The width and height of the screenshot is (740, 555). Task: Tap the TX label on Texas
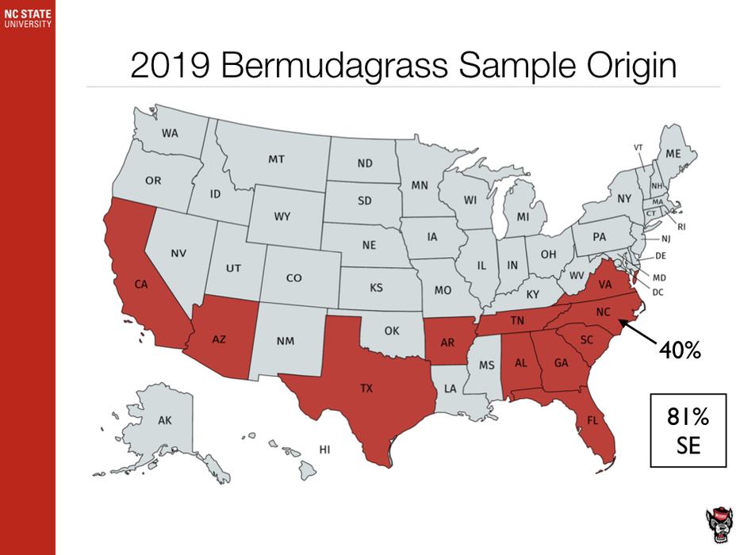point(366,388)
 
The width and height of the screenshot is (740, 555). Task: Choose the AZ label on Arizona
point(220,339)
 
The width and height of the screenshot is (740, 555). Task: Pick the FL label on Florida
point(592,421)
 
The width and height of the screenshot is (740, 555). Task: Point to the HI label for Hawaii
point(324,450)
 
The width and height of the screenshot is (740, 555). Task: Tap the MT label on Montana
point(276,159)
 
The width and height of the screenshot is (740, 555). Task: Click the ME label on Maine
point(673,153)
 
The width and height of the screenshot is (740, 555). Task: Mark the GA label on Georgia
point(561,363)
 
